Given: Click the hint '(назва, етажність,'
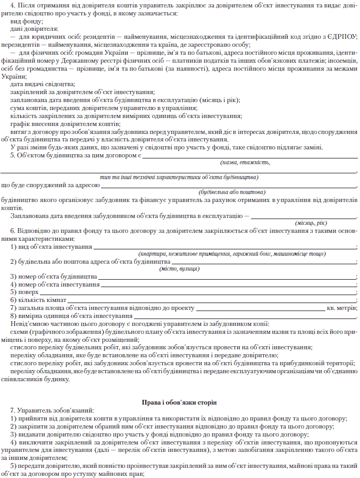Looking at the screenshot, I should click(245, 163).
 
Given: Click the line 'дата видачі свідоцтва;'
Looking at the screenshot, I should click(43, 85).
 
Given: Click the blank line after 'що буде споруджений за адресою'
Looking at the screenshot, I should click(229, 186).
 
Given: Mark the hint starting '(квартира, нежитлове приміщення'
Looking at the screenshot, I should click(231, 255).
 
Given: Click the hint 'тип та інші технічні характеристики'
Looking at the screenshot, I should click(179, 177).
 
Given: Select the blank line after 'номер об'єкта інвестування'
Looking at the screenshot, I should click(229, 285).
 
